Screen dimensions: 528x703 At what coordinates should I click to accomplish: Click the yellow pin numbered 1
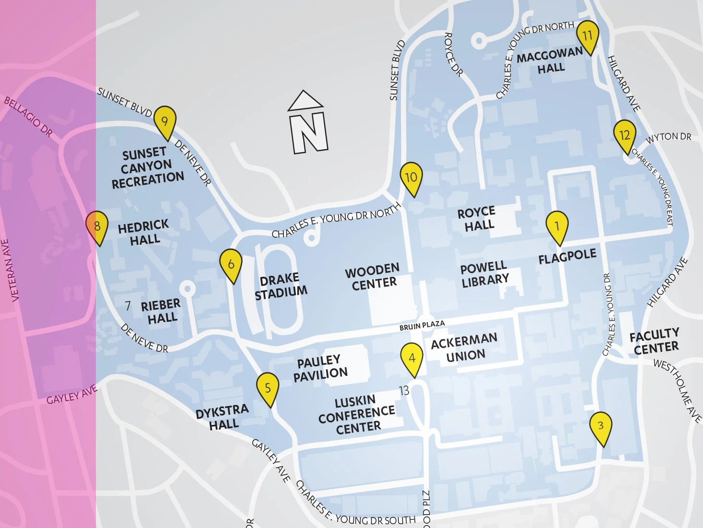point(557,227)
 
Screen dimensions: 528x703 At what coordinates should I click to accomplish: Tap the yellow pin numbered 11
point(587,36)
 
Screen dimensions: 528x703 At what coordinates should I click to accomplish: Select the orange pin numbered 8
point(97,227)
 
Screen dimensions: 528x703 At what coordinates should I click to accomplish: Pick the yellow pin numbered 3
point(600,426)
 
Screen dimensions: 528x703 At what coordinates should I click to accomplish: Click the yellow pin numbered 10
point(411,178)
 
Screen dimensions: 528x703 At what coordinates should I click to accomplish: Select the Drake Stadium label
point(281,286)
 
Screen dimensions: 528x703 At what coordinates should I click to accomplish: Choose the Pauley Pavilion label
point(320,368)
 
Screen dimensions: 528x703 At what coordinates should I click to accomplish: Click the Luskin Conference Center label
point(357,414)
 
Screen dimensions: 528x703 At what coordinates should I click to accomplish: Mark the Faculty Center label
point(655,341)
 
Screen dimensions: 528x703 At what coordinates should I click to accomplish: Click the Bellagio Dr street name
point(28,117)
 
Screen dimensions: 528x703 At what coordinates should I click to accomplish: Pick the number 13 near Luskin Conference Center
point(404,391)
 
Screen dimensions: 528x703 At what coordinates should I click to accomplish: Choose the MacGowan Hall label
point(550,62)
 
